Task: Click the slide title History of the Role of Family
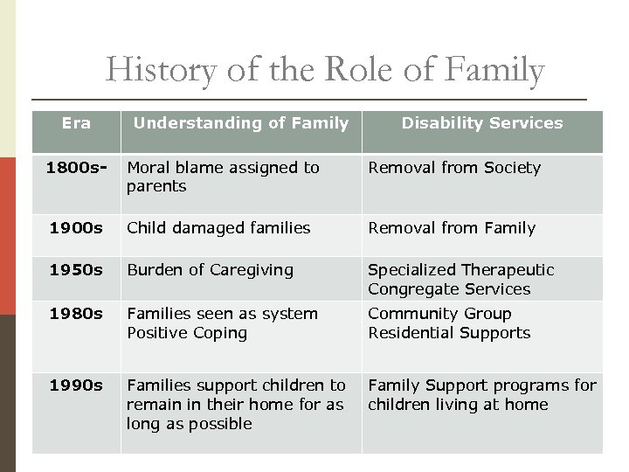(325, 70)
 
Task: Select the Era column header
(76, 123)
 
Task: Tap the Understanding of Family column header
(240, 123)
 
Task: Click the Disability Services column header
(482, 123)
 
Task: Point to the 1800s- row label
(76, 167)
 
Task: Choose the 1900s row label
(76, 228)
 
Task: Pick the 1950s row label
(76, 270)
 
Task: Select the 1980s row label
(76, 314)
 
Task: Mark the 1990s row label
(76, 385)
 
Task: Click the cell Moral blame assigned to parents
(223, 177)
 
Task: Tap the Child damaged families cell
(218, 228)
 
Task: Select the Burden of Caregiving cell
(210, 270)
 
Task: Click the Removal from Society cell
(454, 168)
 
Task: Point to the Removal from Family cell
(452, 228)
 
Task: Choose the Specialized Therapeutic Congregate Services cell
(460, 280)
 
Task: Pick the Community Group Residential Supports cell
(449, 323)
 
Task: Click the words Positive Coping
(187, 333)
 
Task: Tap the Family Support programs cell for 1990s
(481, 395)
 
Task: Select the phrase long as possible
(189, 424)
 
